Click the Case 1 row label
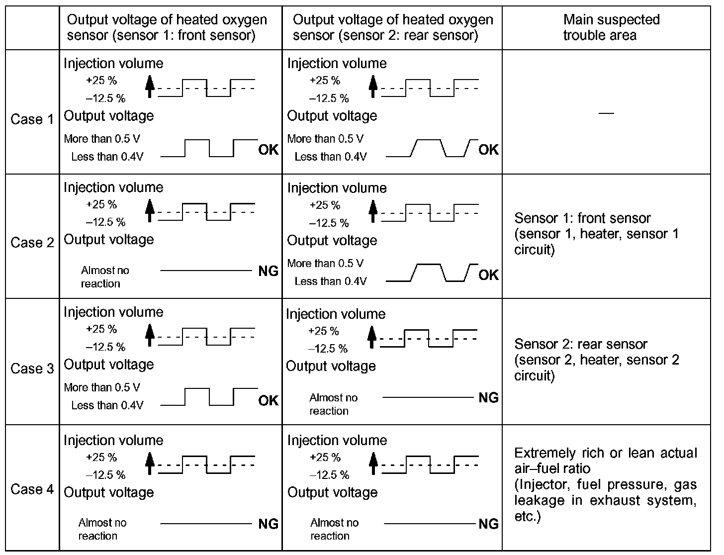coord(32,119)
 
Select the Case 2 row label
coord(32,243)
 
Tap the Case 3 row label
coord(32,369)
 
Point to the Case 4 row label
coord(32,489)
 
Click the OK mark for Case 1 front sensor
coord(269,150)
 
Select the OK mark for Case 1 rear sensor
coord(488,150)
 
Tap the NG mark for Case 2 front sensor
coord(269,271)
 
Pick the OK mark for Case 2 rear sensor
coord(488,275)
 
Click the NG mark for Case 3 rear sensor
coord(488,397)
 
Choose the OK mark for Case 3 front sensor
coord(269,400)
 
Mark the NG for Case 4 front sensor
coord(269,524)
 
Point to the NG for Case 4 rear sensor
coord(488,524)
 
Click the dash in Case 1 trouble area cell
coord(606,113)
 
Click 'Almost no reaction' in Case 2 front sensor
coord(104,277)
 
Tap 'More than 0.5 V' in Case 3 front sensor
coord(102,387)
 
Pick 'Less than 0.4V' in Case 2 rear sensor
coord(331,281)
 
